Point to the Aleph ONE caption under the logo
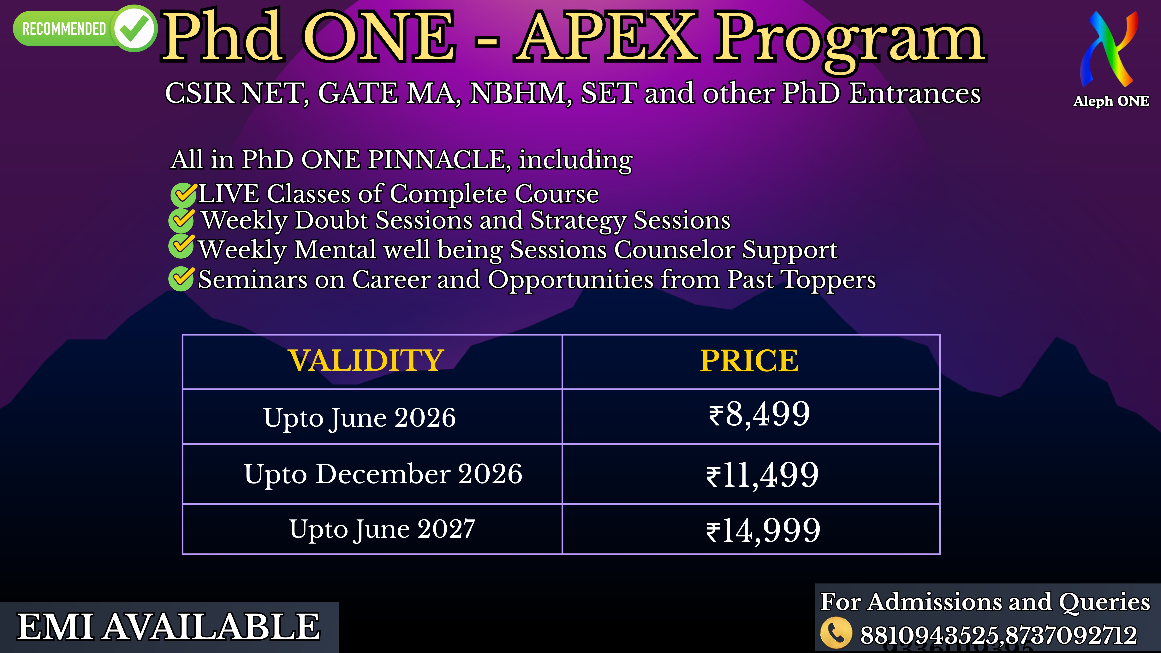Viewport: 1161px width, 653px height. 1111,101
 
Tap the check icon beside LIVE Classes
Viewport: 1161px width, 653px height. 183,194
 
